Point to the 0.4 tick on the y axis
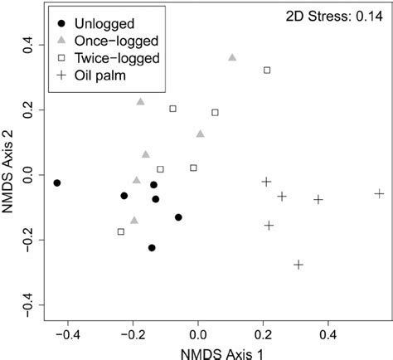point(27,46)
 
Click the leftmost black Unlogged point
point(57,182)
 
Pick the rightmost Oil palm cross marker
point(379,193)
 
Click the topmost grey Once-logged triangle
point(232,57)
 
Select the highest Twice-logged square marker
point(267,71)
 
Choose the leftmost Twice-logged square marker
point(121,231)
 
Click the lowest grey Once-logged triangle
point(134,221)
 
